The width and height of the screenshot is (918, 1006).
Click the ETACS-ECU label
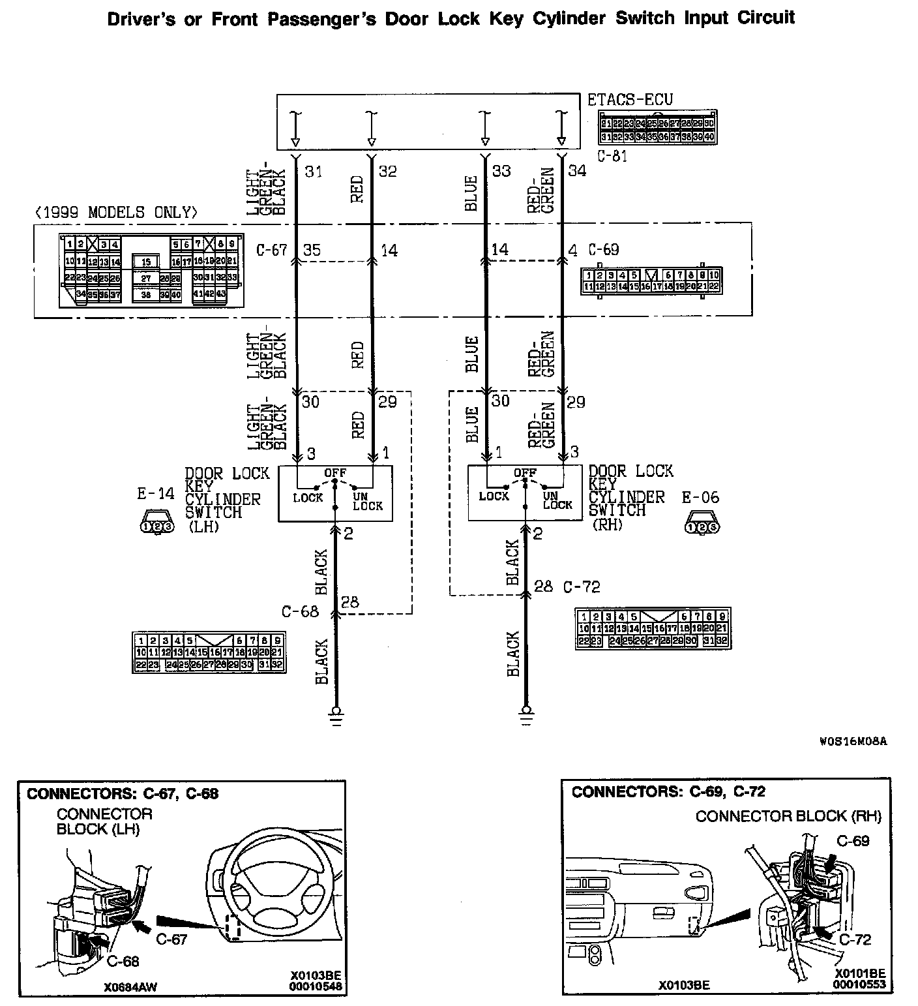pyautogui.click(x=630, y=100)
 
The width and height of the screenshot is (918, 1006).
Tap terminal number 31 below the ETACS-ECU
pyautogui.click(x=314, y=171)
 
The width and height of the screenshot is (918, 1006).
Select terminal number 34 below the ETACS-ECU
pyautogui.click(x=578, y=171)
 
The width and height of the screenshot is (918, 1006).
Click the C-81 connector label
pyautogui.click(x=612, y=156)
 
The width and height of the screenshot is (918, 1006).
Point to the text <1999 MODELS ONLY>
pyautogui.click(x=115, y=213)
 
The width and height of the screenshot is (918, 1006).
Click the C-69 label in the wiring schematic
pyautogui.click(x=603, y=250)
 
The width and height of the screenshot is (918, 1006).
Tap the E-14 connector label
pyautogui.click(x=156, y=494)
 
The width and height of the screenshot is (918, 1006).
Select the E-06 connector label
pyautogui.click(x=701, y=498)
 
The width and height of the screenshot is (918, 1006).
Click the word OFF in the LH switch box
pyautogui.click(x=335, y=472)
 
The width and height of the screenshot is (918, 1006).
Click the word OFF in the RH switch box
pyautogui.click(x=525, y=472)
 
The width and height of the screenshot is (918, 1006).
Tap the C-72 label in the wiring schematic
pyautogui.click(x=582, y=587)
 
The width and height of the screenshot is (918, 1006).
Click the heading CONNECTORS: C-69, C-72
pyautogui.click(x=668, y=792)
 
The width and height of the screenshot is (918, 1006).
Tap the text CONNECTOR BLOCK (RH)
pyautogui.click(x=788, y=816)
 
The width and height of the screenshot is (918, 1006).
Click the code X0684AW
pyautogui.click(x=130, y=987)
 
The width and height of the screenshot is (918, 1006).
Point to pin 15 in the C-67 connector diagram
pyautogui.click(x=147, y=262)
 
